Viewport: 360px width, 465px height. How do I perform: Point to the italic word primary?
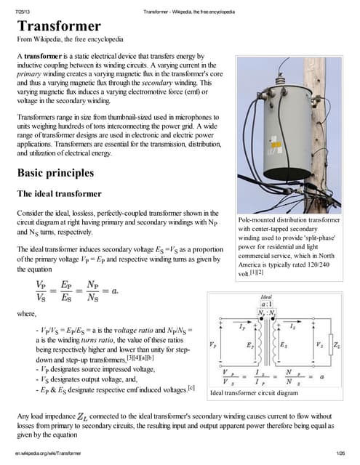click(30, 74)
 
